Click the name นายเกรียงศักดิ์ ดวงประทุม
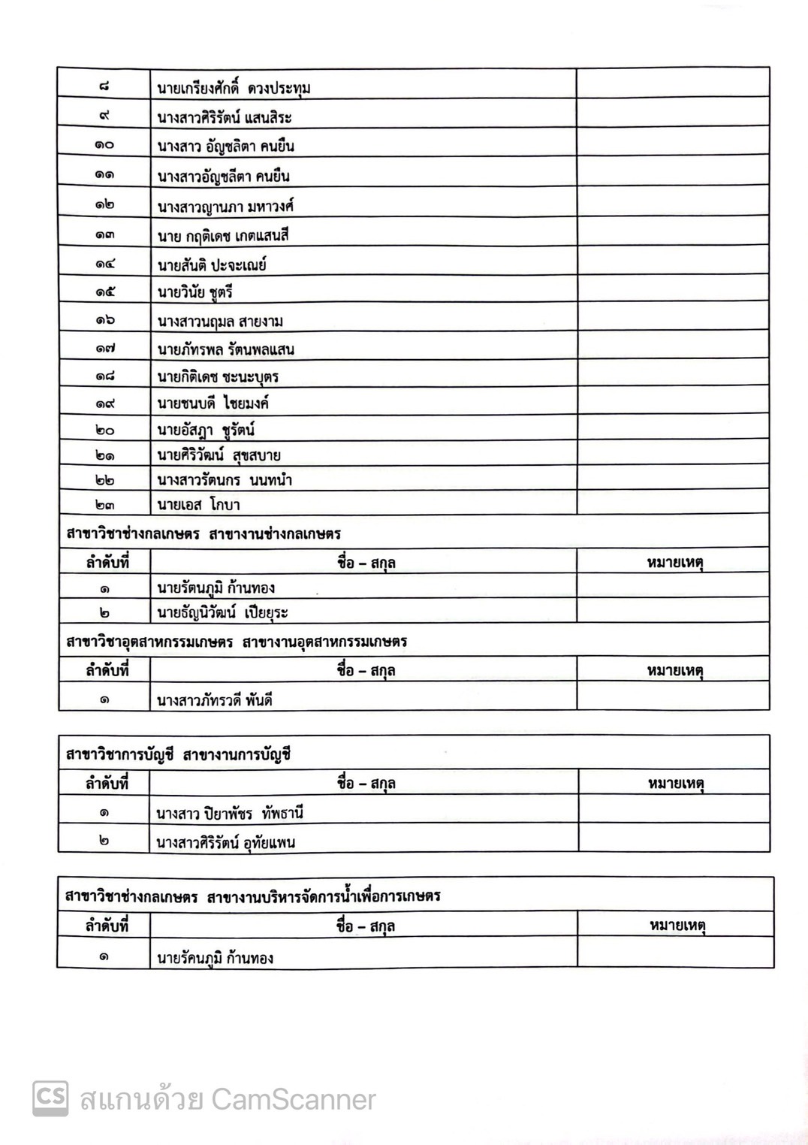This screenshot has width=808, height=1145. (x=234, y=89)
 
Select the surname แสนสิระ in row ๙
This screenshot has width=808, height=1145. (x=268, y=118)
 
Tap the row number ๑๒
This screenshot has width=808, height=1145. (x=104, y=205)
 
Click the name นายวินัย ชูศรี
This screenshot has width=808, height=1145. (x=195, y=293)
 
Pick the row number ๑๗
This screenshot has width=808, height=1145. (x=104, y=349)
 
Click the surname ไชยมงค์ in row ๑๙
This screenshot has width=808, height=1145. (x=246, y=403)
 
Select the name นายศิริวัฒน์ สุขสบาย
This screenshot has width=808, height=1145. (x=219, y=455)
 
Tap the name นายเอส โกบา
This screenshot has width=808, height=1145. (x=198, y=505)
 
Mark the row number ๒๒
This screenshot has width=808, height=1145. (x=104, y=480)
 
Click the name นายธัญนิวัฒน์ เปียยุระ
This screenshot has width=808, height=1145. (x=222, y=613)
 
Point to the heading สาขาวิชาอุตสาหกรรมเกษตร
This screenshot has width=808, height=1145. (x=149, y=642)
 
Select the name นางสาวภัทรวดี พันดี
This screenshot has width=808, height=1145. (x=214, y=701)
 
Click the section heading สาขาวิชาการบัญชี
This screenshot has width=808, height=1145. (x=120, y=754)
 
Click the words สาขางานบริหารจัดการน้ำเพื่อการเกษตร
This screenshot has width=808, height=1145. (x=324, y=896)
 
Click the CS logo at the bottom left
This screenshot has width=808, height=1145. (x=50, y=1098)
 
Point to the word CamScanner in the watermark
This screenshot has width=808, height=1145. (x=293, y=1100)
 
